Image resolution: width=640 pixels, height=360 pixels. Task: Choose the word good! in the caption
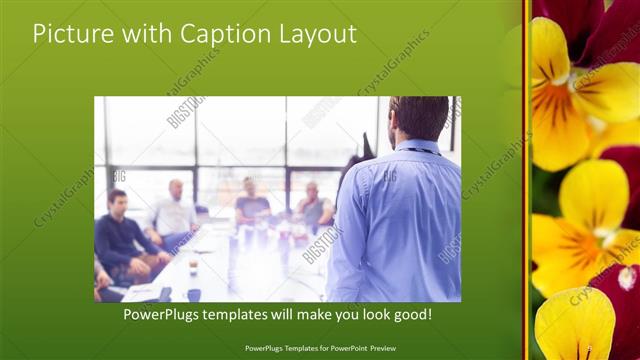[x=410, y=315]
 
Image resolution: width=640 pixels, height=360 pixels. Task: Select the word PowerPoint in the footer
[x=358, y=350]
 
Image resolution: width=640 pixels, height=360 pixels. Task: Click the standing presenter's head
[x=419, y=117]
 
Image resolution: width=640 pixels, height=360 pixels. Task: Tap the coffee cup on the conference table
[x=193, y=267]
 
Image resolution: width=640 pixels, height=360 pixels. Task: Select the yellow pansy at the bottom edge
[x=574, y=325]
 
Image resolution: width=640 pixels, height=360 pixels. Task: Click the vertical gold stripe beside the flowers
[x=527, y=180]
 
